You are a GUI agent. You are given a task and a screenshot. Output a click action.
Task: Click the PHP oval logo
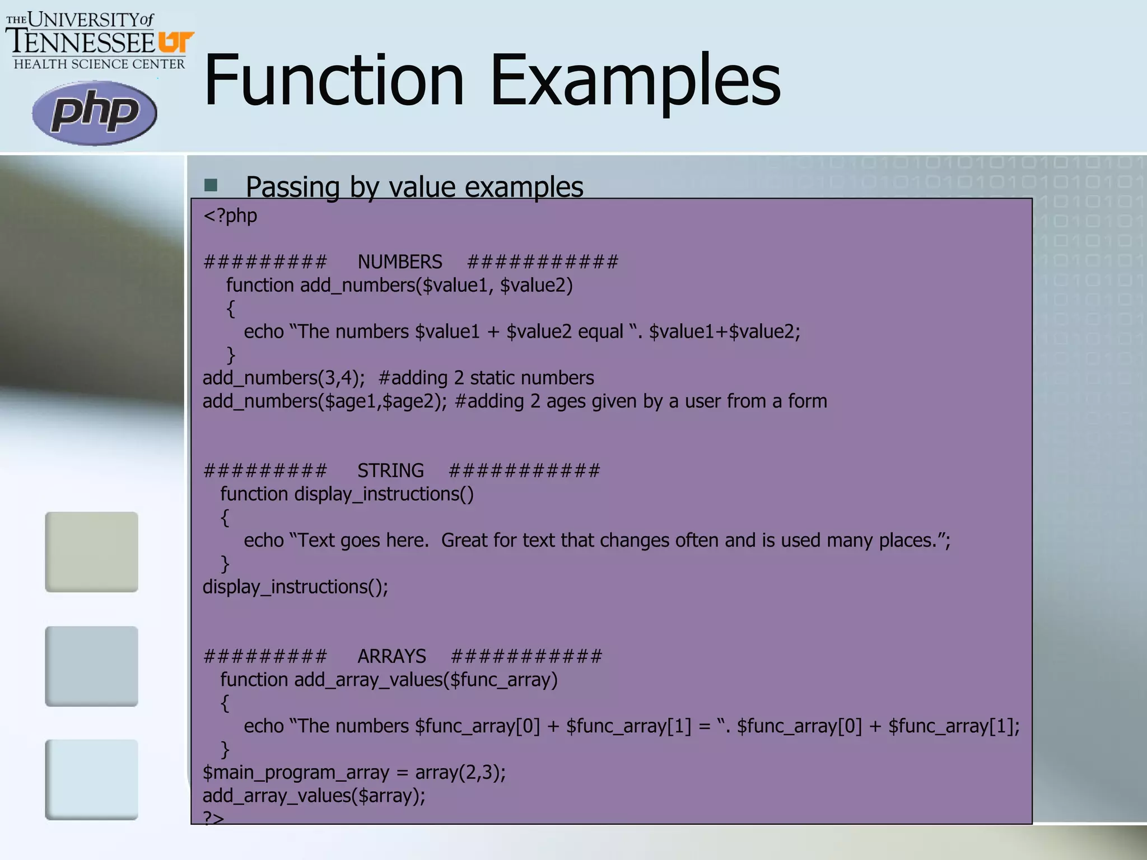[94, 113]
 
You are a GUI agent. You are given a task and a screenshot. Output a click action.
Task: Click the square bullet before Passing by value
[211, 185]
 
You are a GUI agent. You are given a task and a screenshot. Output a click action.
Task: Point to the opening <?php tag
[230, 216]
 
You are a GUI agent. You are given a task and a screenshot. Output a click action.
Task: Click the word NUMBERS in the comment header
[400, 262]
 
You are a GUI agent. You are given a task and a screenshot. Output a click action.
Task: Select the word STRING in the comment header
[390, 470]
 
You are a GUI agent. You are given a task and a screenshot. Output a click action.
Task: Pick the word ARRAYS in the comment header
[391, 656]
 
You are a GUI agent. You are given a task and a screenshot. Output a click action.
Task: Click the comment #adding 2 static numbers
[486, 378]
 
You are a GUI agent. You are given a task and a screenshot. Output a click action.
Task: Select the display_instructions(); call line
[295, 587]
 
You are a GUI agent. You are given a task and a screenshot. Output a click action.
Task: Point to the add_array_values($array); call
[314, 796]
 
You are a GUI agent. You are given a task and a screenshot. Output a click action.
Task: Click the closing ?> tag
[213, 818]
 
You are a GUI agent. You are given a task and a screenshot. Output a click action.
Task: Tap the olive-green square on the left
[91, 551]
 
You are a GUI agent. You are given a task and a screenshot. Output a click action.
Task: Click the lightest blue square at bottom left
[91, 779]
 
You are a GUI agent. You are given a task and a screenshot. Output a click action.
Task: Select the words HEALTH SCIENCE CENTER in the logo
[99, 64]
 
